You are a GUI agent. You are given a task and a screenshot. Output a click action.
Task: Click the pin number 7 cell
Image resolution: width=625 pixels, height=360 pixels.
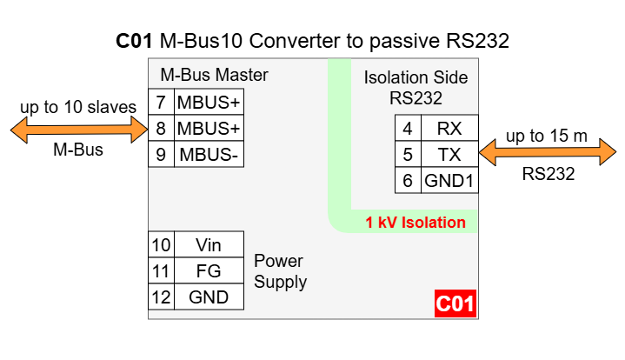pos(161,102)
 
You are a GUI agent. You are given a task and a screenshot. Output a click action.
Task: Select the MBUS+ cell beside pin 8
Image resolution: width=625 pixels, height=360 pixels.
pos(209,129)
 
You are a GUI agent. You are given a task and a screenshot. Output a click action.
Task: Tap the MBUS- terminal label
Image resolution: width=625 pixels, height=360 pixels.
pos(209,156)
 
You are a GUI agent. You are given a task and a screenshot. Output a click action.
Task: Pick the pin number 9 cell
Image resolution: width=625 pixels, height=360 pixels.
pos(161,156)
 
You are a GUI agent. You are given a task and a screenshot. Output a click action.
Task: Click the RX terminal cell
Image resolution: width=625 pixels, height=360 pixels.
pos(449,129)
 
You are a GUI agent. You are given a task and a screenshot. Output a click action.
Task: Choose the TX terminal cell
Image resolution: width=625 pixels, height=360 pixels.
pos(449,156)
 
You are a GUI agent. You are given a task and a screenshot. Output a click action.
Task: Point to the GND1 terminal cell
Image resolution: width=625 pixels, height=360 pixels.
pos(449,183)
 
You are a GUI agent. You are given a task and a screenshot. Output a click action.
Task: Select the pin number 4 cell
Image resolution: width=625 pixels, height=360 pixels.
pos(408,129)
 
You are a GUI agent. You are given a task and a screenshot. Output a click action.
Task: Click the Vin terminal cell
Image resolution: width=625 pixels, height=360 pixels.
pos(209,245)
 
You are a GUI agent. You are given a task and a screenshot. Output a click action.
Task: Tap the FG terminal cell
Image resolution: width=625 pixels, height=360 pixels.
pos(209,271)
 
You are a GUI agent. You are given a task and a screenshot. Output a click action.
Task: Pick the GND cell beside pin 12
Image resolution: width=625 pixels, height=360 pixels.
pos(209,297)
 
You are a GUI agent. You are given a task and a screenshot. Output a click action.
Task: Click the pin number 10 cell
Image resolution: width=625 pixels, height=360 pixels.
pos(161,245)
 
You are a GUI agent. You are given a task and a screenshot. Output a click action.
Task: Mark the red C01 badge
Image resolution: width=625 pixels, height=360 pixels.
pos(455,304)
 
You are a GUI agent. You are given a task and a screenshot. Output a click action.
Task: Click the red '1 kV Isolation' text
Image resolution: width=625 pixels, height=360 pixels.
pos(416,223)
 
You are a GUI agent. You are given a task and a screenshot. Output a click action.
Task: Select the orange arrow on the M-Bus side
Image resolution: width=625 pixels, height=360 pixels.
pos(78,130)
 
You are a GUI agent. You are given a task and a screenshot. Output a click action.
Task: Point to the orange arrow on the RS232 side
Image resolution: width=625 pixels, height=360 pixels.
pos(547,155)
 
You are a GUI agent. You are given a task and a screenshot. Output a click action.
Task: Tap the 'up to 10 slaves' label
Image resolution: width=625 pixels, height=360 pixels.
pos(78,108)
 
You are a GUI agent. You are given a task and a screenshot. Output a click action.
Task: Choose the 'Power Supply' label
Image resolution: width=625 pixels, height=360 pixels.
pos(280,271)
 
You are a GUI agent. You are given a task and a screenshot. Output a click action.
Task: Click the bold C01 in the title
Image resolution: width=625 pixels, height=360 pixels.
pos(136,42)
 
